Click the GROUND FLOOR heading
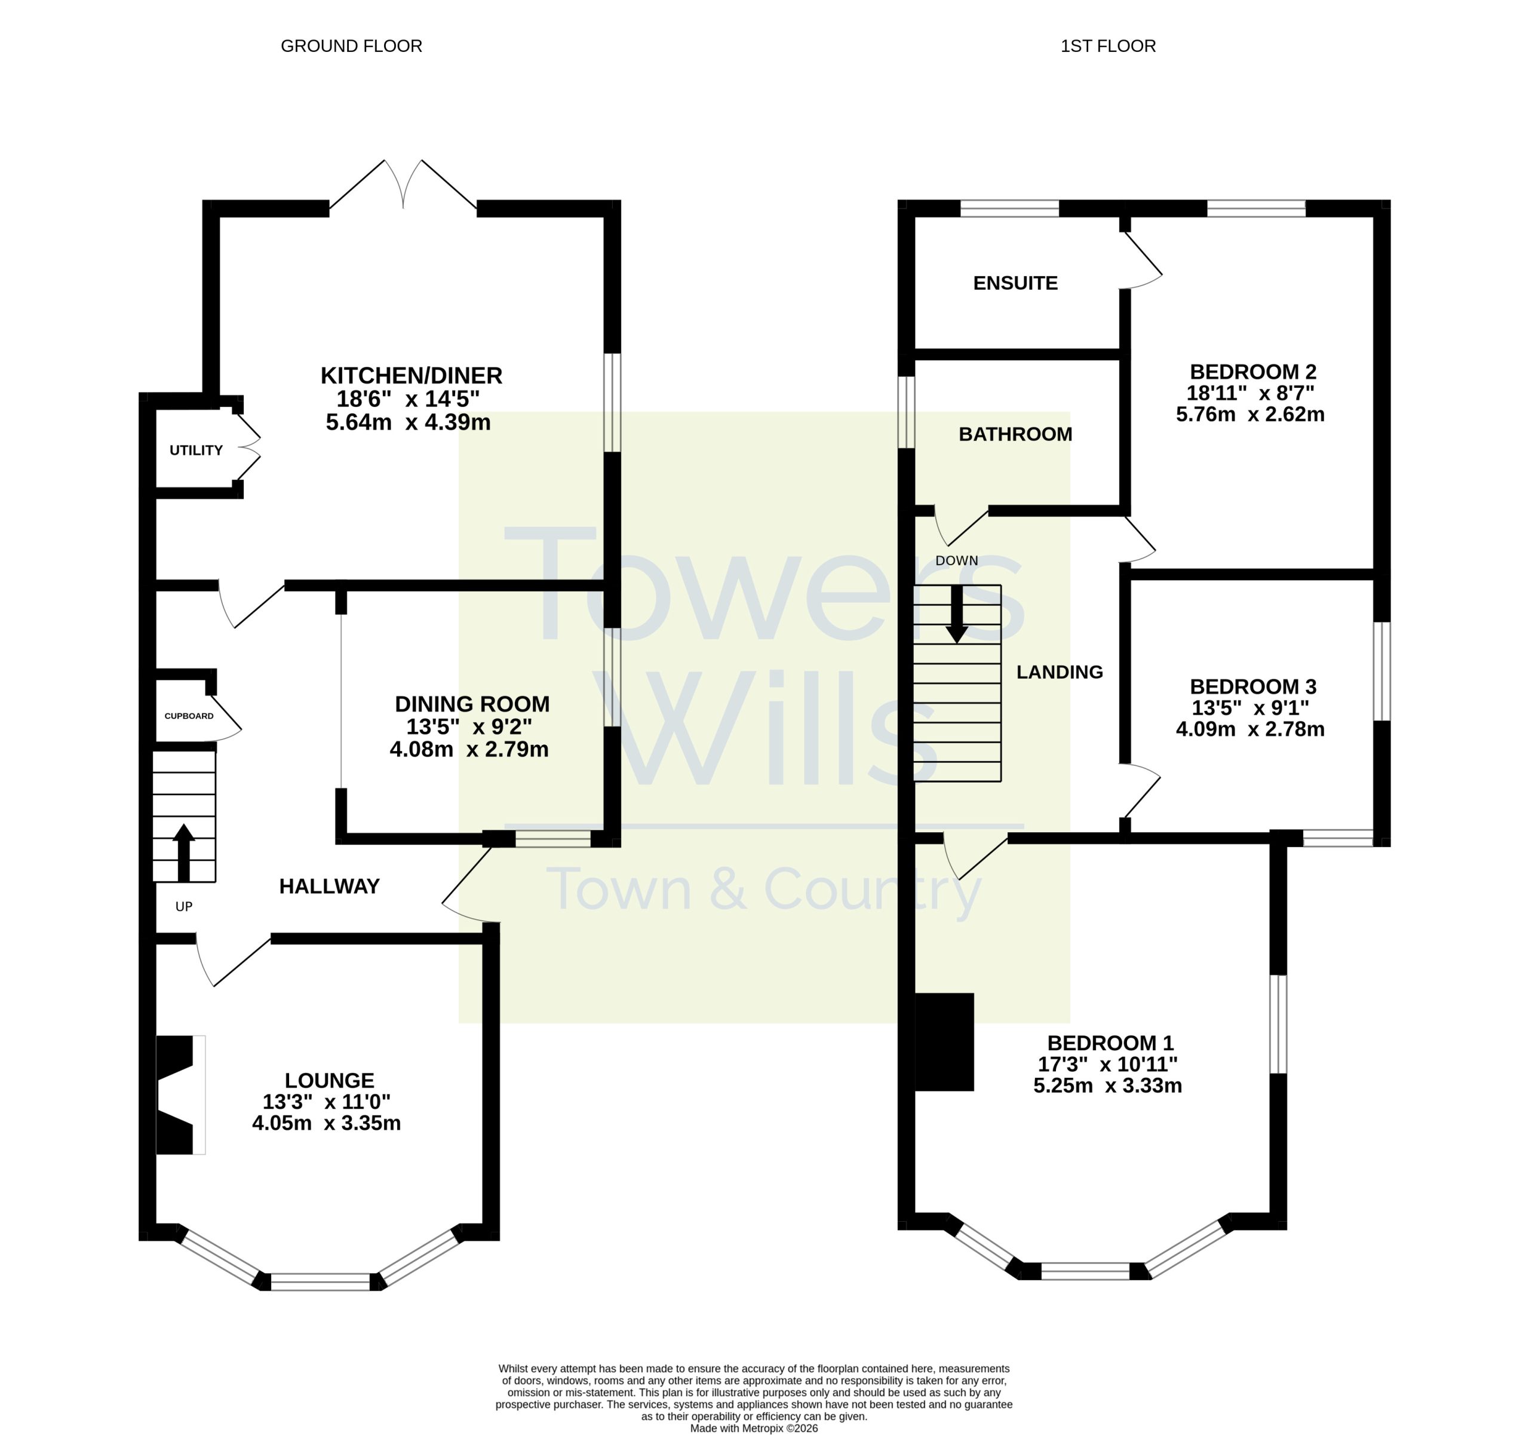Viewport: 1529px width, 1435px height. [x=351, y=46]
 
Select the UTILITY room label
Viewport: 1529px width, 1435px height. [x=196, y=450]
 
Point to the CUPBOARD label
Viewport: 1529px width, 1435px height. [x=189, y=716]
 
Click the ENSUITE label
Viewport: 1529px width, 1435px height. [x=1015, y=283]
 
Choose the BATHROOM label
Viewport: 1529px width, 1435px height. [x=1015, y=434]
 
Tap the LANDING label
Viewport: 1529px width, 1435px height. [x=1060, y=671]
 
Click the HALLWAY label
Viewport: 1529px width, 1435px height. [x=329, y=887]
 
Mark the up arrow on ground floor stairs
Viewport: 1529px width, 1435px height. [x=184, y=853]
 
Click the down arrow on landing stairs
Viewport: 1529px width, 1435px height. [x=957, y=615]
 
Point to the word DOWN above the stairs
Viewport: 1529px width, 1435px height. [x=957, y=561]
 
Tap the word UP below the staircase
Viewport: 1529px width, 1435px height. [x=184, y=906]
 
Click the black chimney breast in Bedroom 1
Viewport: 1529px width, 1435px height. [x=944, y=1042]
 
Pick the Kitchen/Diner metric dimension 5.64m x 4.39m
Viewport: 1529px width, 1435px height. [x=409, y=422]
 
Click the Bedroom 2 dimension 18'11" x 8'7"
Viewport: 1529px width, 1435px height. [x=1251, y=393]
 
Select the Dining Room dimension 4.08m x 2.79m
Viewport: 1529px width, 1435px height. [x=469, y=749]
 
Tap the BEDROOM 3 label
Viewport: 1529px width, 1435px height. [x=1254, y=686]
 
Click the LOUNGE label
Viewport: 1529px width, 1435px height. [x=329, y=1080]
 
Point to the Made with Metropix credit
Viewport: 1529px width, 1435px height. [x=754, y=1428]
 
